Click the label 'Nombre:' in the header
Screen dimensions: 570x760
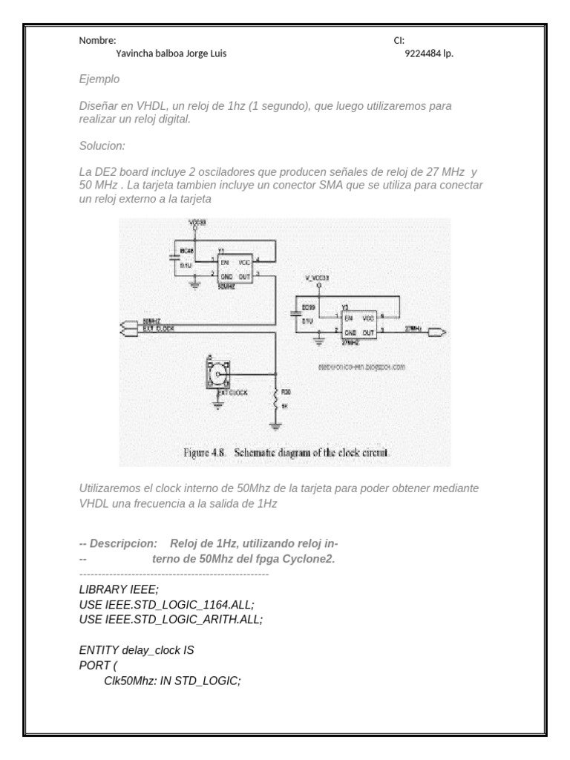pyautogui.click(x=97, y=41)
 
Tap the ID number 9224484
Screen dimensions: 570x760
pyautogui.click(x=423, y=53)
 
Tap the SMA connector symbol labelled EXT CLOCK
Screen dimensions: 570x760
pyautogui.click(x=220, y=376)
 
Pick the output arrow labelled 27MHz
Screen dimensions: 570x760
pyautogui.click(x=438, y=332)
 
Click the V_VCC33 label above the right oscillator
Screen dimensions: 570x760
pyautogui.click(x=317, y=278)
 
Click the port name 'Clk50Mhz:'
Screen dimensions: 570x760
pyautogui.click(x=128, y=678)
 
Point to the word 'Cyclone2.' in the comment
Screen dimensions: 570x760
pyautogui.click(x=312, y=559)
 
